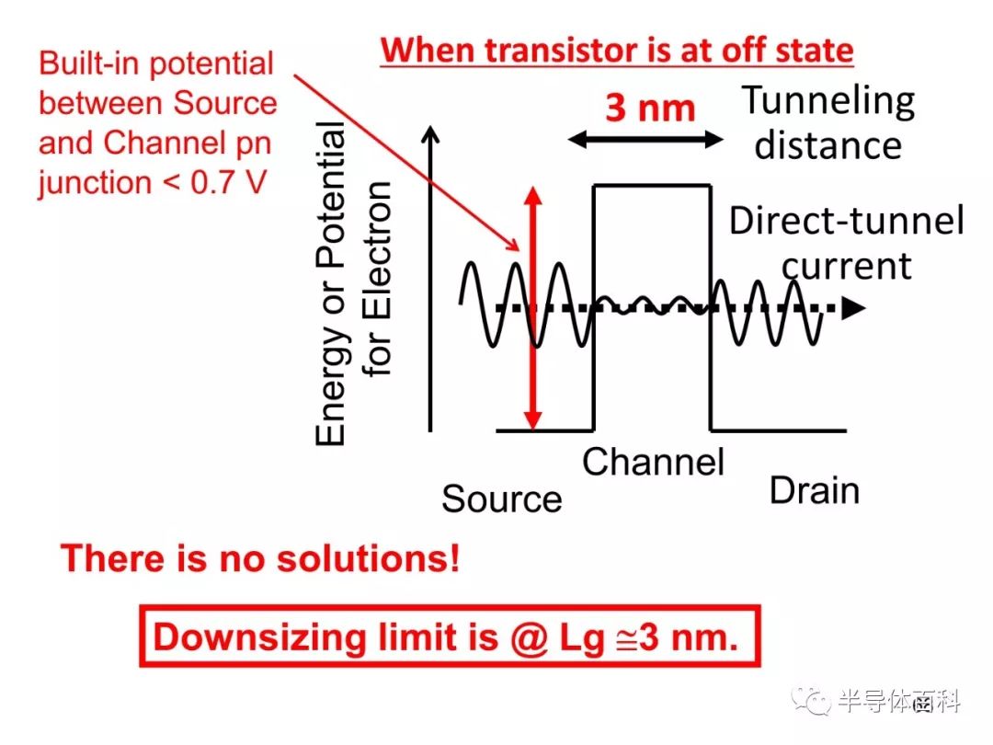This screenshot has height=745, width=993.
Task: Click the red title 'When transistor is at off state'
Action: point(617,51)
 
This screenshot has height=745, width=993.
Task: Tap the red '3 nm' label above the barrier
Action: point(650,108)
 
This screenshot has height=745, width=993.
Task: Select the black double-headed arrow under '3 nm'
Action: point(645,140)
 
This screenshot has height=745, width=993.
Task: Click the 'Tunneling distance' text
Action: point(828,123)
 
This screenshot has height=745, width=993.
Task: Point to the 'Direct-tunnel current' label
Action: point(847,243)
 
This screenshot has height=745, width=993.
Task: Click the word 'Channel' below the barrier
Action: point(653,462)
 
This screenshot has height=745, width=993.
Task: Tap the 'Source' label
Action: point(502,499)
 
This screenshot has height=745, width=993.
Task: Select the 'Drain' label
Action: point(815,491)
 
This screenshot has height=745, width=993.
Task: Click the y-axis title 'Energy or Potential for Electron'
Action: point(352,283)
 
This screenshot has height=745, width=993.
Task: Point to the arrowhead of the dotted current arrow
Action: point(853,308)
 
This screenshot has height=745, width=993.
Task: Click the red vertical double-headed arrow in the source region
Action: point(533,308)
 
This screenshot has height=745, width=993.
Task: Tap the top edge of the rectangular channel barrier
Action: point(652,185)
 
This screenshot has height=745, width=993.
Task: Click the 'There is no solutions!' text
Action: point(260,558)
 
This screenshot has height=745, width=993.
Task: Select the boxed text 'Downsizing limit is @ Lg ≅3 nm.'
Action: point(446,636)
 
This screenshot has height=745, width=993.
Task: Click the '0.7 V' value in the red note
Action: point(228,182)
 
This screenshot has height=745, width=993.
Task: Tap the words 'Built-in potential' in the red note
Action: point(155,63)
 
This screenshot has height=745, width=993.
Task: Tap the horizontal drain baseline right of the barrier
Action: point(779,430)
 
